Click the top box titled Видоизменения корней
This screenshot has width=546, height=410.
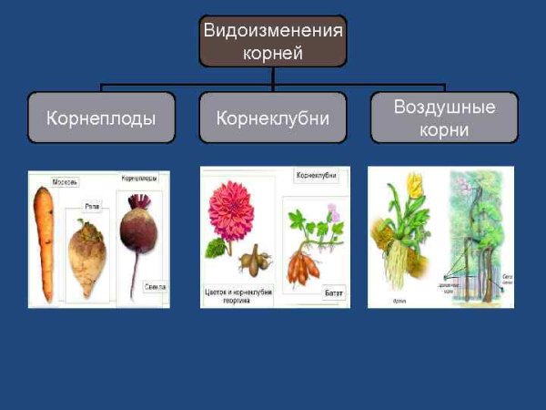[272, 41]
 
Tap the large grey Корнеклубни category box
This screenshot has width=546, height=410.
[272, 118]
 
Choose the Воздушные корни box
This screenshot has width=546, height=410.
[444, 118]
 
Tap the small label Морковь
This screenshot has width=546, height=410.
[66, 181]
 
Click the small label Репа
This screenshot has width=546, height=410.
[92, 208]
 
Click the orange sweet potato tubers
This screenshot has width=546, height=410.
[306, 268]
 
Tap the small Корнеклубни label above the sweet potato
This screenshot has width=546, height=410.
[318, 174]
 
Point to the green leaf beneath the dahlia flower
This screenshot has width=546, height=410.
[217, 247]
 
